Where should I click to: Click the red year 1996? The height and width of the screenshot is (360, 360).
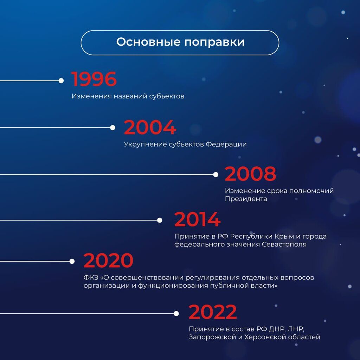coord(94,79)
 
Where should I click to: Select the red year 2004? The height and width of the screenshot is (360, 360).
coord(150,127)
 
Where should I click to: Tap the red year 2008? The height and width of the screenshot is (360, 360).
coord(250,174)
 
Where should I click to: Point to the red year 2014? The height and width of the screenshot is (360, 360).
coord(198,219)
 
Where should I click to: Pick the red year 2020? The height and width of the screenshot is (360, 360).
coord(108,260)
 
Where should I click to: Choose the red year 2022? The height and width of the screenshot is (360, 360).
coord(213,312)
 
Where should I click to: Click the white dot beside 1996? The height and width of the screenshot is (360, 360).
coord(61,81)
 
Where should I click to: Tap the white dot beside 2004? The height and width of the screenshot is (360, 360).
coord(112,128)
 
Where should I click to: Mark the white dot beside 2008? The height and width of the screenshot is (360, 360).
coord(216,175)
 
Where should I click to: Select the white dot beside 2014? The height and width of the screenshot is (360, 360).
coord(160,220)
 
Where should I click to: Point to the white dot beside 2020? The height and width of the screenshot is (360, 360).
coord(72,261)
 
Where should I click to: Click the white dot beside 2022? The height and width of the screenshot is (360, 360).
coord(176,314)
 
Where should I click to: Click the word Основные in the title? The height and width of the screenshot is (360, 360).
coord(148,42)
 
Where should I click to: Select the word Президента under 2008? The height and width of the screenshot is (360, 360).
coord(246,199)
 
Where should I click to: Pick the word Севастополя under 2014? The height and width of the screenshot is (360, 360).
coord(284,244)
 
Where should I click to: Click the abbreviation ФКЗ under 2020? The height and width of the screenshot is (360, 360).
coord(91,278)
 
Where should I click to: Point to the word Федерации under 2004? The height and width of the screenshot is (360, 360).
coord(226,144)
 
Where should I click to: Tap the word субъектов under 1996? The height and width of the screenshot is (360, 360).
coord(167,96)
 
